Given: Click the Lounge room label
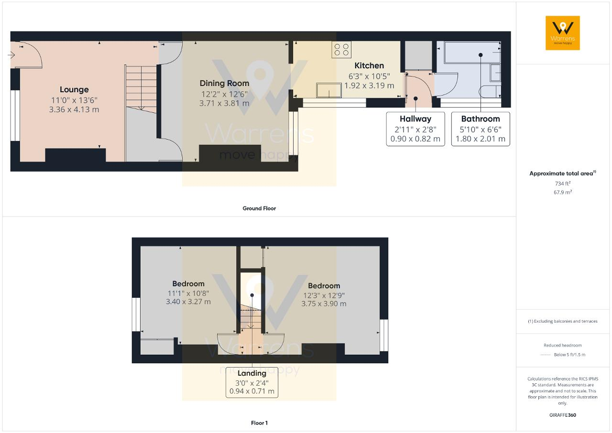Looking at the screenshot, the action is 74,89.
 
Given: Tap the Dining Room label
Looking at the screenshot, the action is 224,83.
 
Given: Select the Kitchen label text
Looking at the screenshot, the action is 369,65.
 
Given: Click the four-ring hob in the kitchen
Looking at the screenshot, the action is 341,50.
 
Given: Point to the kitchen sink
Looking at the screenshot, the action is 329,90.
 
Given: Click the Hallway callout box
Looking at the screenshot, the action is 415,129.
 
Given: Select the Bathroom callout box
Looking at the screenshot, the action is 481,129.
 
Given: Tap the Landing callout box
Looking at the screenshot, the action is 251,382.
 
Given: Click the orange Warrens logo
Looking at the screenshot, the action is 563,33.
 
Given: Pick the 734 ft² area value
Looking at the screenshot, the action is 563,184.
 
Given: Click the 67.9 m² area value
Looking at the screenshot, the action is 563,192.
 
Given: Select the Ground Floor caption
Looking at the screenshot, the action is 259,208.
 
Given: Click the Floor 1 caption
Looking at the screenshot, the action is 259,423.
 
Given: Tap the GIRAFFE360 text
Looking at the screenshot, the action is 563,415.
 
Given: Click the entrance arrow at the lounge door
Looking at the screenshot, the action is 11,55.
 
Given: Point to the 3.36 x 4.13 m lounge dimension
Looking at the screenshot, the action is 74,109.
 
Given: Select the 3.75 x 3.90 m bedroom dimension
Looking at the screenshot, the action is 324,303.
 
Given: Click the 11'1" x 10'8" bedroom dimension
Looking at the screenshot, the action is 188,293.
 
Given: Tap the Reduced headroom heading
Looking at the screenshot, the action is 563,345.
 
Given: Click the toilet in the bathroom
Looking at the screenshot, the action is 490,91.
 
